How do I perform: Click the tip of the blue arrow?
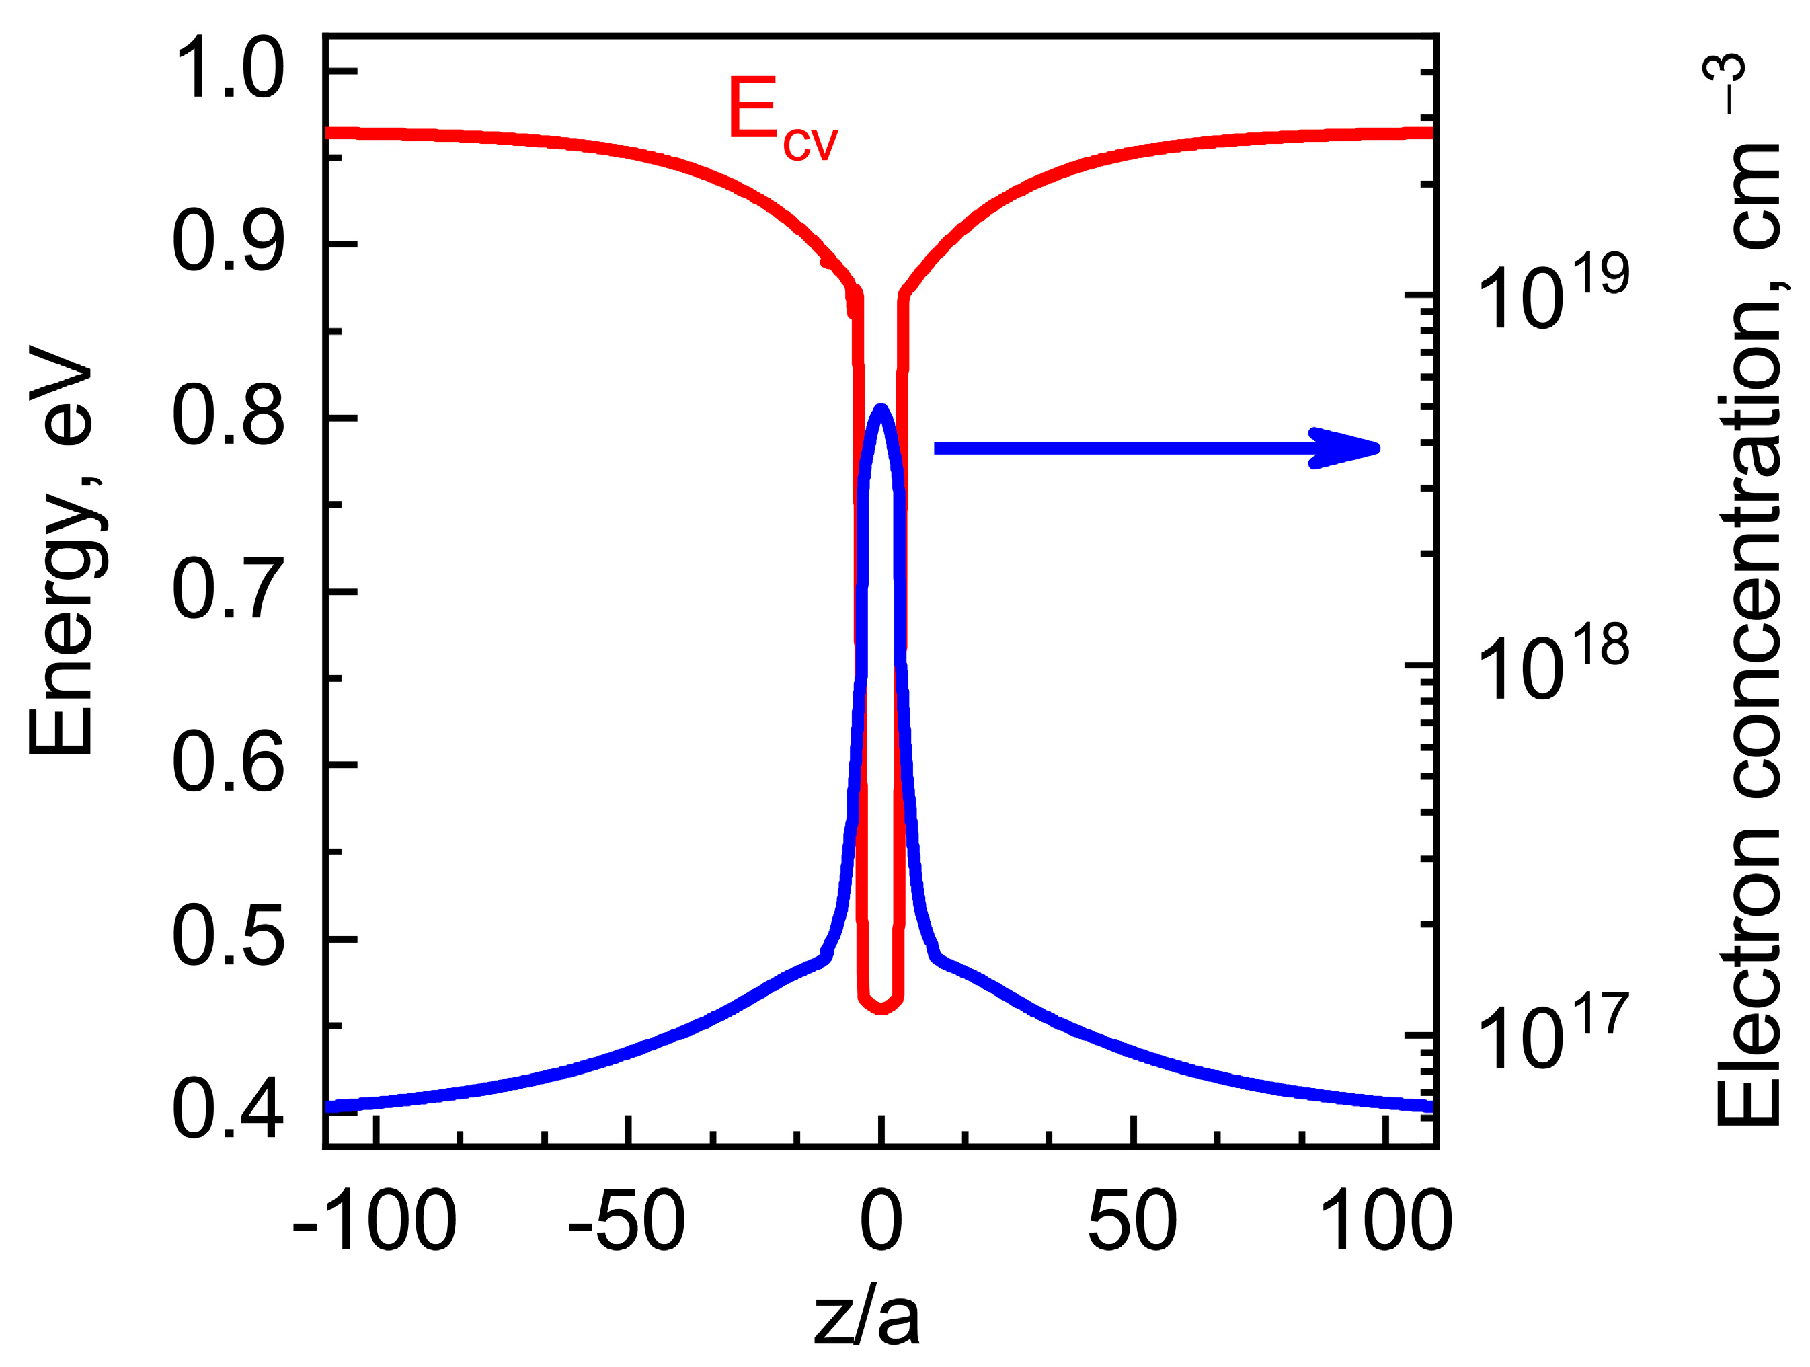click(x=1378, y=448)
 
